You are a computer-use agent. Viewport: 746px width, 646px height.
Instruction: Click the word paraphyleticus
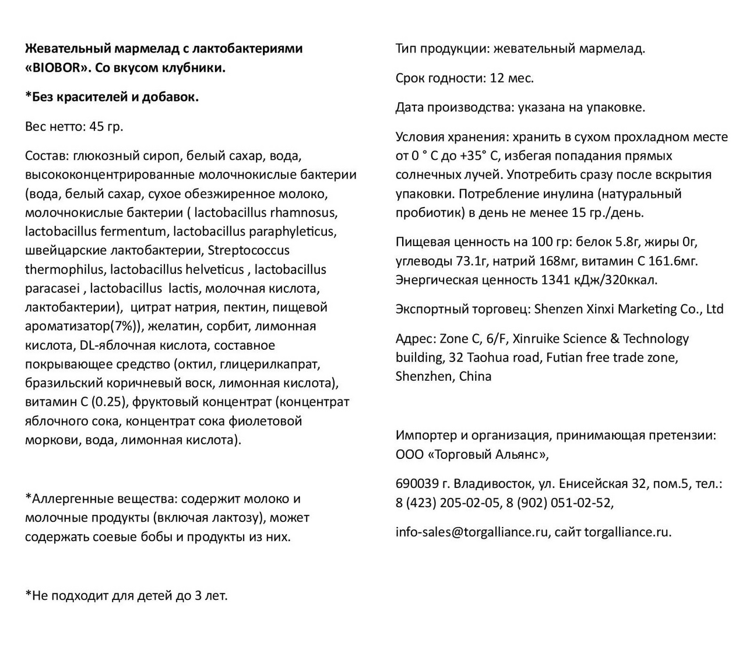(293, 231)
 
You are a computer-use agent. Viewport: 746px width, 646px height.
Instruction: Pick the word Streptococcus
(249, 251)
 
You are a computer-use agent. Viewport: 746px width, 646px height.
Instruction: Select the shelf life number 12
(497, 78)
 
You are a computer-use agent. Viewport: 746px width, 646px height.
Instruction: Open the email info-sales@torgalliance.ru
(471, 532)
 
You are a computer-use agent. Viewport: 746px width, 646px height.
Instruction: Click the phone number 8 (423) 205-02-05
(447, 503)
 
